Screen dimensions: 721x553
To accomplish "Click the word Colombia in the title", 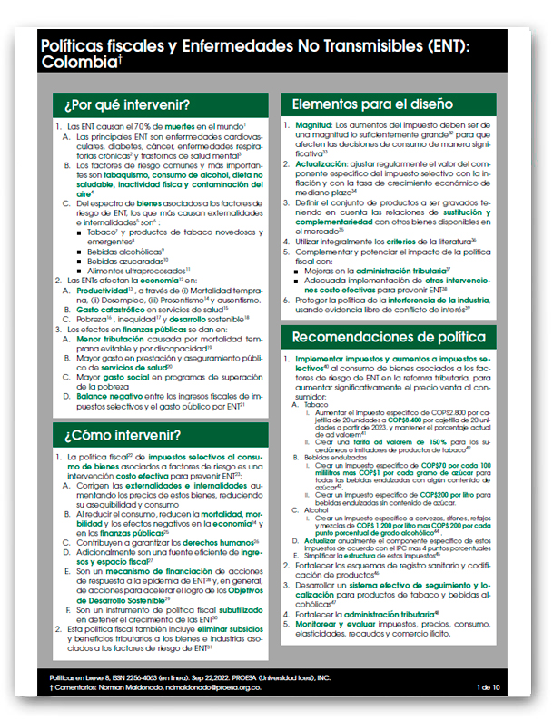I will (x=79, y=63).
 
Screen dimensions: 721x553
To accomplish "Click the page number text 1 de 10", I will (x=488, y=687).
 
